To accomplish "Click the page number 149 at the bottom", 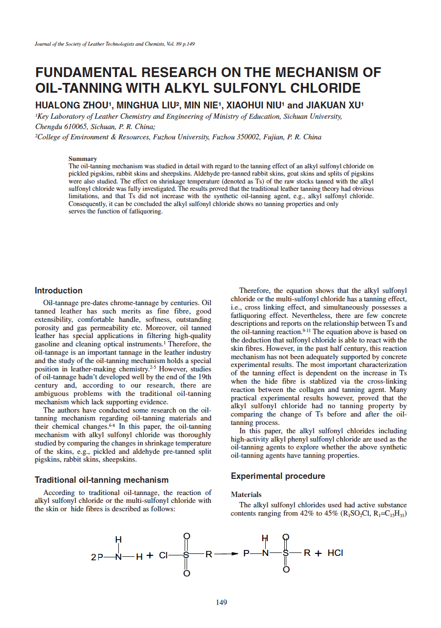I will (x=221, y=602).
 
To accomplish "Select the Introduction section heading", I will (x=58, y=290).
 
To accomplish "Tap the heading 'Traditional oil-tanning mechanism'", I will (x=101, y=480).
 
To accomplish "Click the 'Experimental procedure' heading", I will (x=278, y=476).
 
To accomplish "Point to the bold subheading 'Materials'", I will (x=246, y=495).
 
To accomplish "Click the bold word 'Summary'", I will (x=83, y=158).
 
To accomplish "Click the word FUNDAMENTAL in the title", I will (x=84, y=73).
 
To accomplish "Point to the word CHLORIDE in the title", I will (x=320, y=88).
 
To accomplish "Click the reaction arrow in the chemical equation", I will (x=227, y=553).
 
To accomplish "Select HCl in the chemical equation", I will (x=335, y=553).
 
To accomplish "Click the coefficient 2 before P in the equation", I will (x=93, y=557).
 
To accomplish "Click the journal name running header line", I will (x=115, y=44).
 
